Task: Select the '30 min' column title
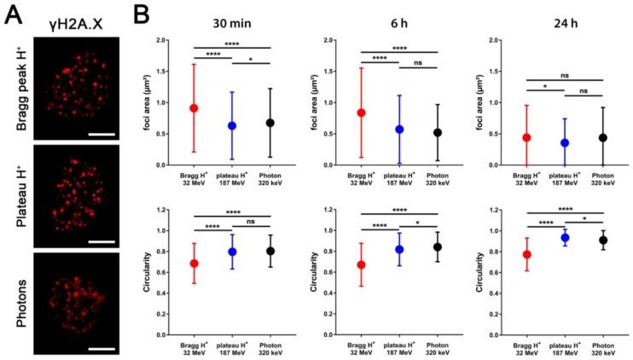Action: click(x=232, y=20)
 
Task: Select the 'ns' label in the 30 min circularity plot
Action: click(x=253, y=220)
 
